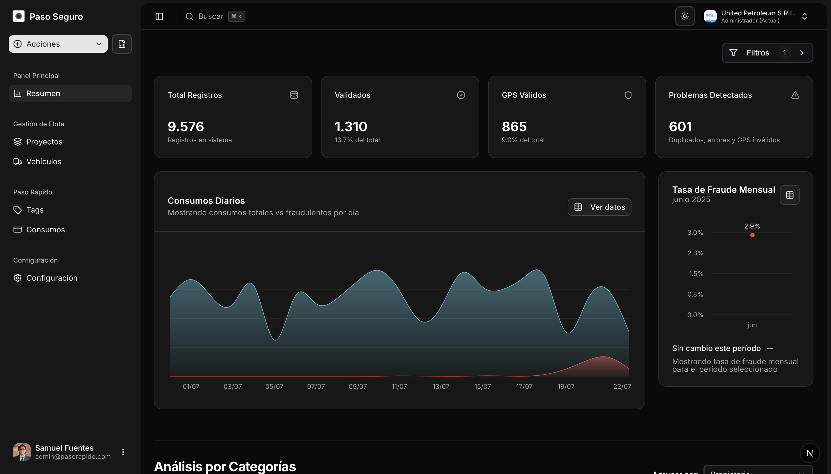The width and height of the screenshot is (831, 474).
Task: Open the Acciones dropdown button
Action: tap(58, 44)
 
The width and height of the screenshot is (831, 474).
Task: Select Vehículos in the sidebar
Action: tap(44, 161)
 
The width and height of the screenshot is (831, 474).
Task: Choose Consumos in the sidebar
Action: tap(45, 230)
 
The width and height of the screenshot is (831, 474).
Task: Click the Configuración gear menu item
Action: tap(51, 278)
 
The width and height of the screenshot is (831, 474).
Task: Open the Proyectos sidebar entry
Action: tap(44, 142)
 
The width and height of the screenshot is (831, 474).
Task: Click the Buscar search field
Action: tap(210, 16)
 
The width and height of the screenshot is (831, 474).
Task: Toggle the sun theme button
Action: tap(685, 16)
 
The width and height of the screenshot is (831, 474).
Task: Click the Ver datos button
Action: tap(599, 207)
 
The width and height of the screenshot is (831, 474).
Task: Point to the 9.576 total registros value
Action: tap(186, 127)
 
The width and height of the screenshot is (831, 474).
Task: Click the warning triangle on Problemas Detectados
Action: tap(795, 95)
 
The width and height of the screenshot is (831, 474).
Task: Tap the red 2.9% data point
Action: tap(752, 235)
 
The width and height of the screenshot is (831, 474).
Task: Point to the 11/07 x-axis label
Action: tap(399, 386)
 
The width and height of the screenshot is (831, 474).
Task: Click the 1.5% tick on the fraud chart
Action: tap(696, 274)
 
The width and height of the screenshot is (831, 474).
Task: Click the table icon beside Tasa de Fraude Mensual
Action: tap(790, 195)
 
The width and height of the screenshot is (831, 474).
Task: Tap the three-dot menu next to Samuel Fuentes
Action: tap(123, 452)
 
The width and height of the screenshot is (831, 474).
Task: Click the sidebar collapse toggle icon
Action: tap(159, 16)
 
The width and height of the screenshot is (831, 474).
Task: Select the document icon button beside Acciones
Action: tap(122, 44)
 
